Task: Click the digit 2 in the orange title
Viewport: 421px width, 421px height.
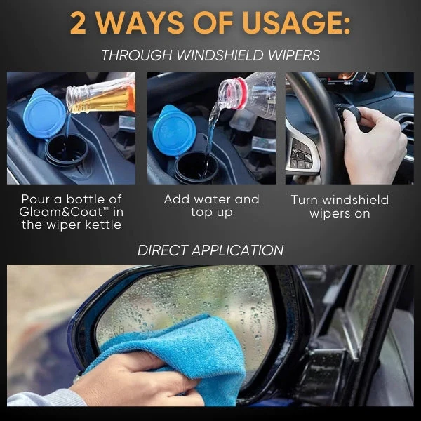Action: [78, 23]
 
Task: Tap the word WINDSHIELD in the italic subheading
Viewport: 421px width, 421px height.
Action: [220, 55]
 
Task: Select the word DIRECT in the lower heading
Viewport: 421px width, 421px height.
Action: [162, 250]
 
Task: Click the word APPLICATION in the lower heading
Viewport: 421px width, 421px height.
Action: [237, 250]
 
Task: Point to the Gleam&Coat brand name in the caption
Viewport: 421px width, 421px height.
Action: [61, 212]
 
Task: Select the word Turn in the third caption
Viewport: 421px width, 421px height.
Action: [305, 200]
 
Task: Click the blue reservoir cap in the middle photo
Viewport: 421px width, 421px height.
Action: [175, 131]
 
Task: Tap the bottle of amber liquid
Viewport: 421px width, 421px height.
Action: [100, 95]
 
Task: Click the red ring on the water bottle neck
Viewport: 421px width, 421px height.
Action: [241, 93]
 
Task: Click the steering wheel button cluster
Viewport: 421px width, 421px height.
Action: [302, 154]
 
